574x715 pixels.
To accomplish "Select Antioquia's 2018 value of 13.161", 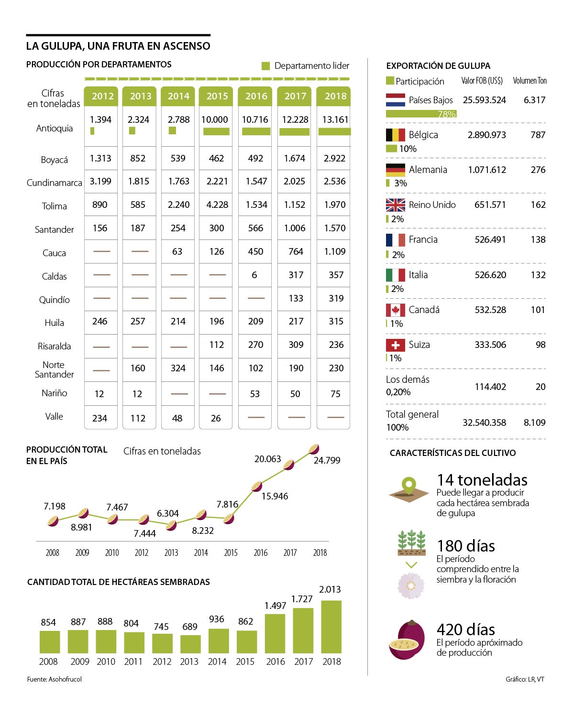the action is (x=335, y=119).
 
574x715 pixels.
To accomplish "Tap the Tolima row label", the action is (x=54, y=206).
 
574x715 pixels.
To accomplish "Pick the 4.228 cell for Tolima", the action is (x=217, y=205).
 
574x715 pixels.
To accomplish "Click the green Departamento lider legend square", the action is (x=265, y=66).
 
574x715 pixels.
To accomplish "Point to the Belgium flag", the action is (x=395, y=135).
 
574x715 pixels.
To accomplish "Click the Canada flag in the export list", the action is (x=395, y=310).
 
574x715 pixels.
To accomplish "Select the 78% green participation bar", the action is (x=421, y=114).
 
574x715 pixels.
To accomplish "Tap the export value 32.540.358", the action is (x=484, y=422).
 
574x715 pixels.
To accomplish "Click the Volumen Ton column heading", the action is (x=530, y=80).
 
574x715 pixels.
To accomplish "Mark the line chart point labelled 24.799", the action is (x=314, y=449).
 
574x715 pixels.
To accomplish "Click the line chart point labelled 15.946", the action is (x=256, y=487).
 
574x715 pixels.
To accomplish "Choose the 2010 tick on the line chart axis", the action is (x=112, y=552).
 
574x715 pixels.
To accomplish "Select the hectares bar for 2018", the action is (x=331, y=627).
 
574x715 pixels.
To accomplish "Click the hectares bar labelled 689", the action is (x=190, y=644).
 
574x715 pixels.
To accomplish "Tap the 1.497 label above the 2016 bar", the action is (x=275, y=606).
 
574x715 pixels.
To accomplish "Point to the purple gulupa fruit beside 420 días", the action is (x=407, y=639).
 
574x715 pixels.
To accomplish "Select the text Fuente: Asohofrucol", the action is (x=54, y=679).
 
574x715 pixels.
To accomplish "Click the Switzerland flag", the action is (x=395, y=345).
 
